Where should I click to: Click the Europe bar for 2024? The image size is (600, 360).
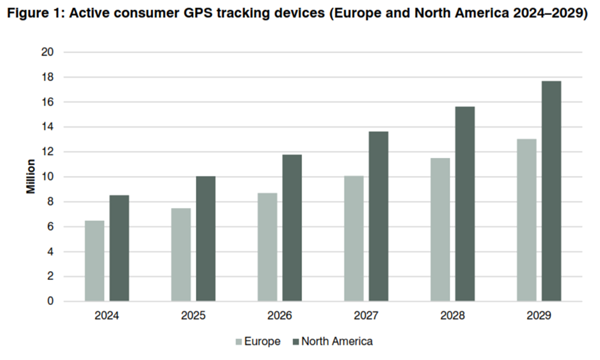pos(94,260)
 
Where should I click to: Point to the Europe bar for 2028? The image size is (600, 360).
pos(440,229)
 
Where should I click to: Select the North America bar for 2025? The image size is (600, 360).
pos(205,238)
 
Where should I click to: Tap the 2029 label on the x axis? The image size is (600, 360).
pos(538,317)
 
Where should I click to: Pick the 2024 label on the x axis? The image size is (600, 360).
pos(107,317)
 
